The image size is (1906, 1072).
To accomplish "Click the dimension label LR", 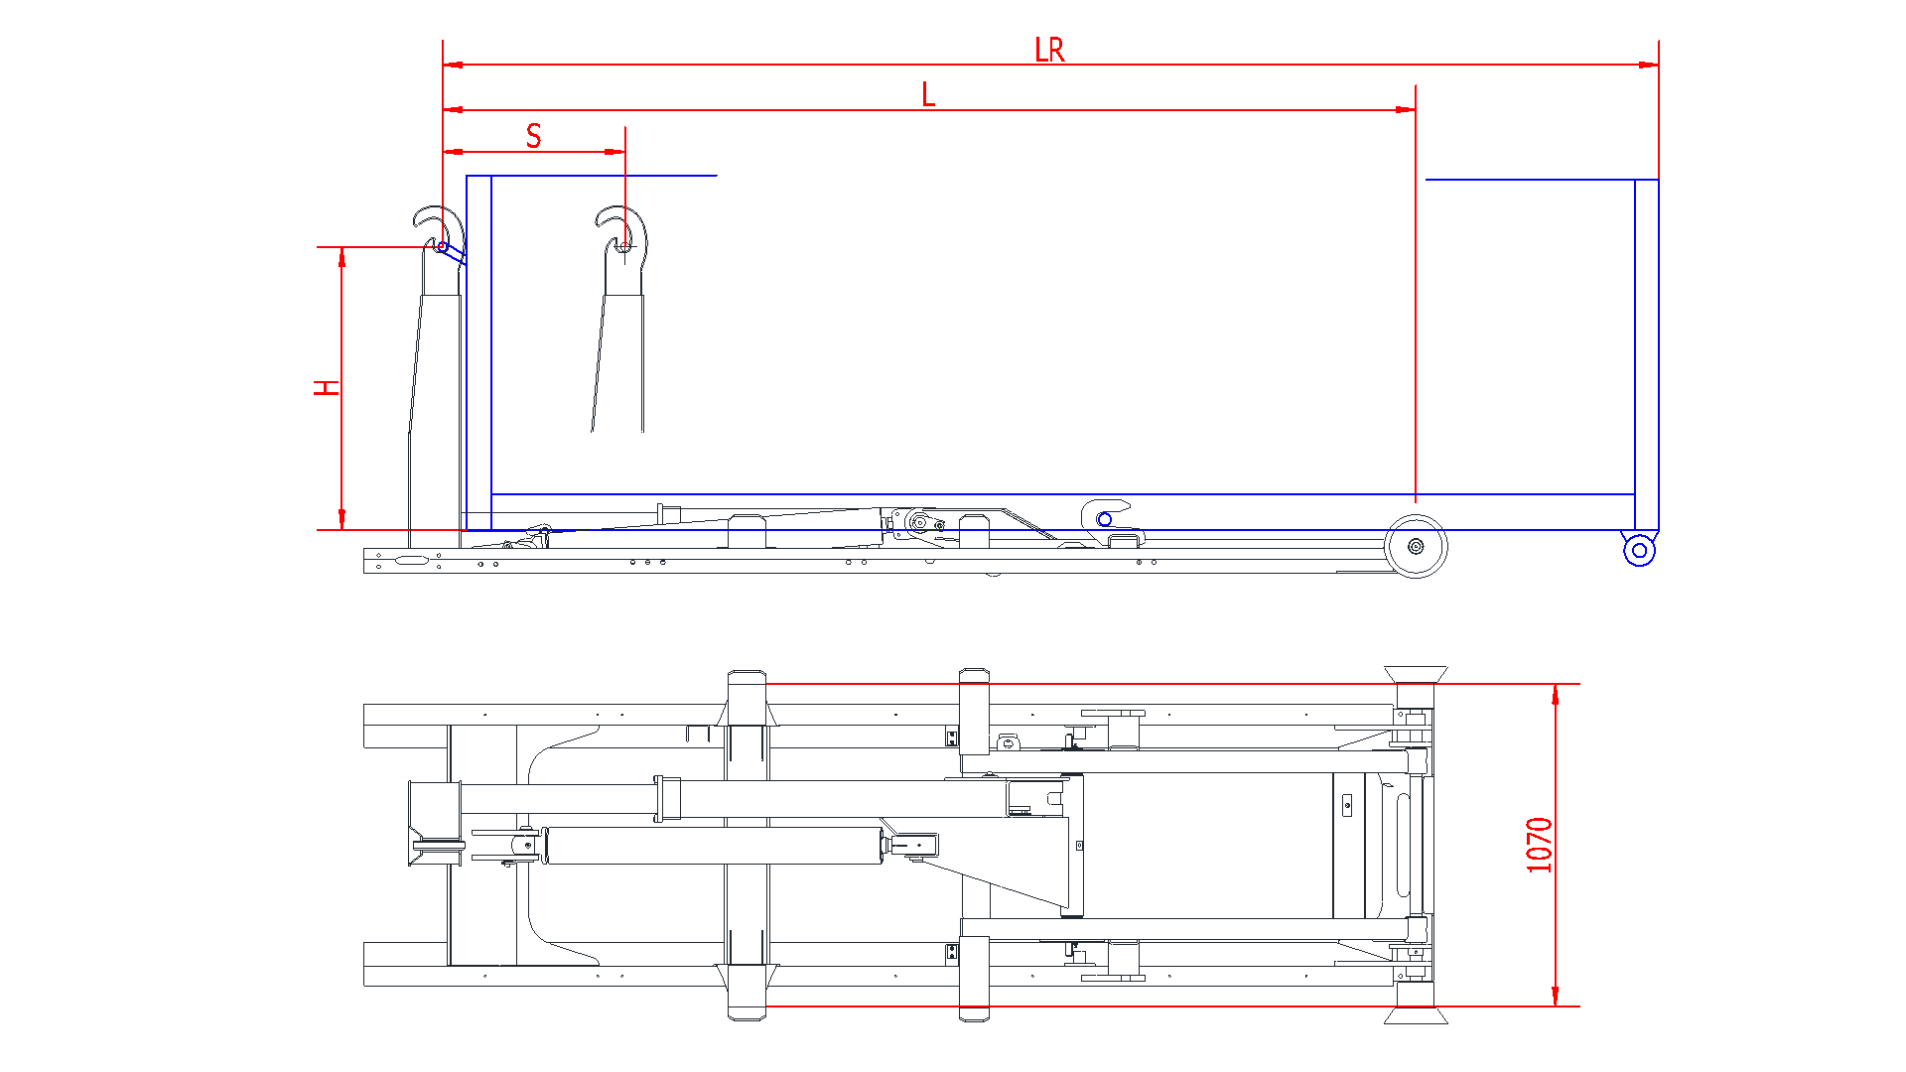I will coord(1048,50).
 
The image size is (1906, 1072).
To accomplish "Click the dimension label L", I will coord(928,95).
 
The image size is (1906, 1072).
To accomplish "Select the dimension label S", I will coord(534,136).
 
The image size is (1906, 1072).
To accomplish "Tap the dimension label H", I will coord(327,387).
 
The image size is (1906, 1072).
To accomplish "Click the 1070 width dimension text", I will coord(1539,845).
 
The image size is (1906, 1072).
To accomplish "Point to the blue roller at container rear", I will coord(1639,550).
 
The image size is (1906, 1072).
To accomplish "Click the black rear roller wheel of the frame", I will coord(1416,546).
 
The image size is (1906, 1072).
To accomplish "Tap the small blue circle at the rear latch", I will coord(1104,519).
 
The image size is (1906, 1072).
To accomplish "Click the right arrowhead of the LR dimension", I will coord(1649,65).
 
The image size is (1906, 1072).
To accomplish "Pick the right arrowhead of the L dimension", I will coord(1406,109).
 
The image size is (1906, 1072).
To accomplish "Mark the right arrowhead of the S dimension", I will coord(615,152).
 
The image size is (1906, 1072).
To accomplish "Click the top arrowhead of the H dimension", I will coord(341,257).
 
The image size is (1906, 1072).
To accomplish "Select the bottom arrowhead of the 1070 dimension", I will coord(1555,997).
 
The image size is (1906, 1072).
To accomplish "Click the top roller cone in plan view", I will coord(1416,674).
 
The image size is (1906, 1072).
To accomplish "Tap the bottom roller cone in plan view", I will coord(1416,1014).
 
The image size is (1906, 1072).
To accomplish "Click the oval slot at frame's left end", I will coord(411,561).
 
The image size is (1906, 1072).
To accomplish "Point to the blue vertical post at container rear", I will coord(1646,357).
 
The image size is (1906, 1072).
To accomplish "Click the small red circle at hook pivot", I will coord(443,246).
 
